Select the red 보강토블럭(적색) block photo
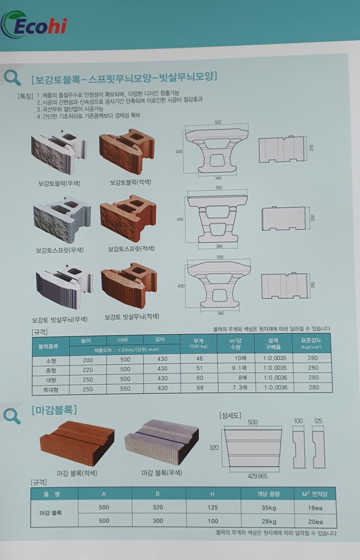click(x=127, y=153)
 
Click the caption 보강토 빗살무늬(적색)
click(x=132, y=317)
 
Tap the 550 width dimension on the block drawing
click(x=219, y=188)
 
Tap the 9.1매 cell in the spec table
click(x=239, y=368)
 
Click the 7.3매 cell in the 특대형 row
click(x=239, y=388)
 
